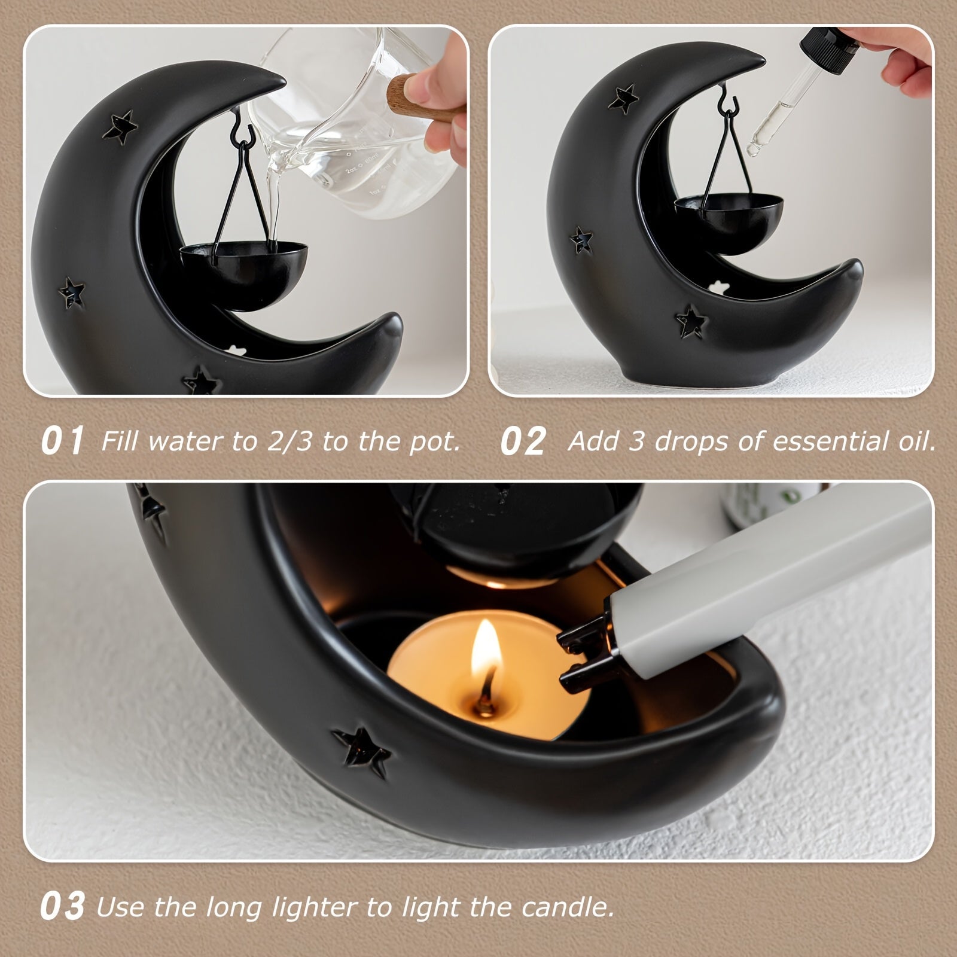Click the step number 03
tap(62, 907)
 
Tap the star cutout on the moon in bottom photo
tap(361, 751)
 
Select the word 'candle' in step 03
tap(566, 907)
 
